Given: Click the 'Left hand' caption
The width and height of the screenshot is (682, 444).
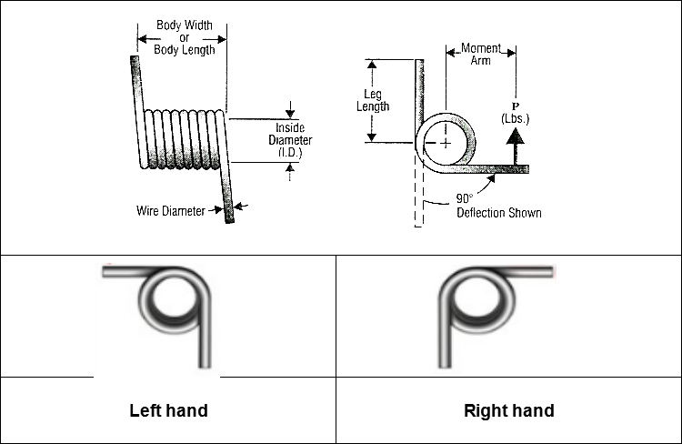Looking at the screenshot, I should (x=168, y=410).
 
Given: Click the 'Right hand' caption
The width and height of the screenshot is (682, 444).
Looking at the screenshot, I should (x=508, y=410).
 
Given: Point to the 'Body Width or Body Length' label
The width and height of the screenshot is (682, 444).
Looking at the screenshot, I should (x=184, y=38).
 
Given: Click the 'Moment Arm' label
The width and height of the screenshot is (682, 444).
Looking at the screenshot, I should (x=480, y=54).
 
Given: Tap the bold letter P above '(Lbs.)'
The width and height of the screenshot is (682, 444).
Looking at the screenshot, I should (x=515, y=105).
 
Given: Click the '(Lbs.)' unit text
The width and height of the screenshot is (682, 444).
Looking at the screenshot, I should (x=515, y=118).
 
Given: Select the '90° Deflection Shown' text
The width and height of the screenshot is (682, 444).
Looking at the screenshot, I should (x=498, y=207).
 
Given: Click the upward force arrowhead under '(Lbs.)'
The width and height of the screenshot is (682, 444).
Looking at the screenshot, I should (x=516, y=136).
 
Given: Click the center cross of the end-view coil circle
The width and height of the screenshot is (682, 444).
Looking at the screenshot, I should (x=446, y=144).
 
